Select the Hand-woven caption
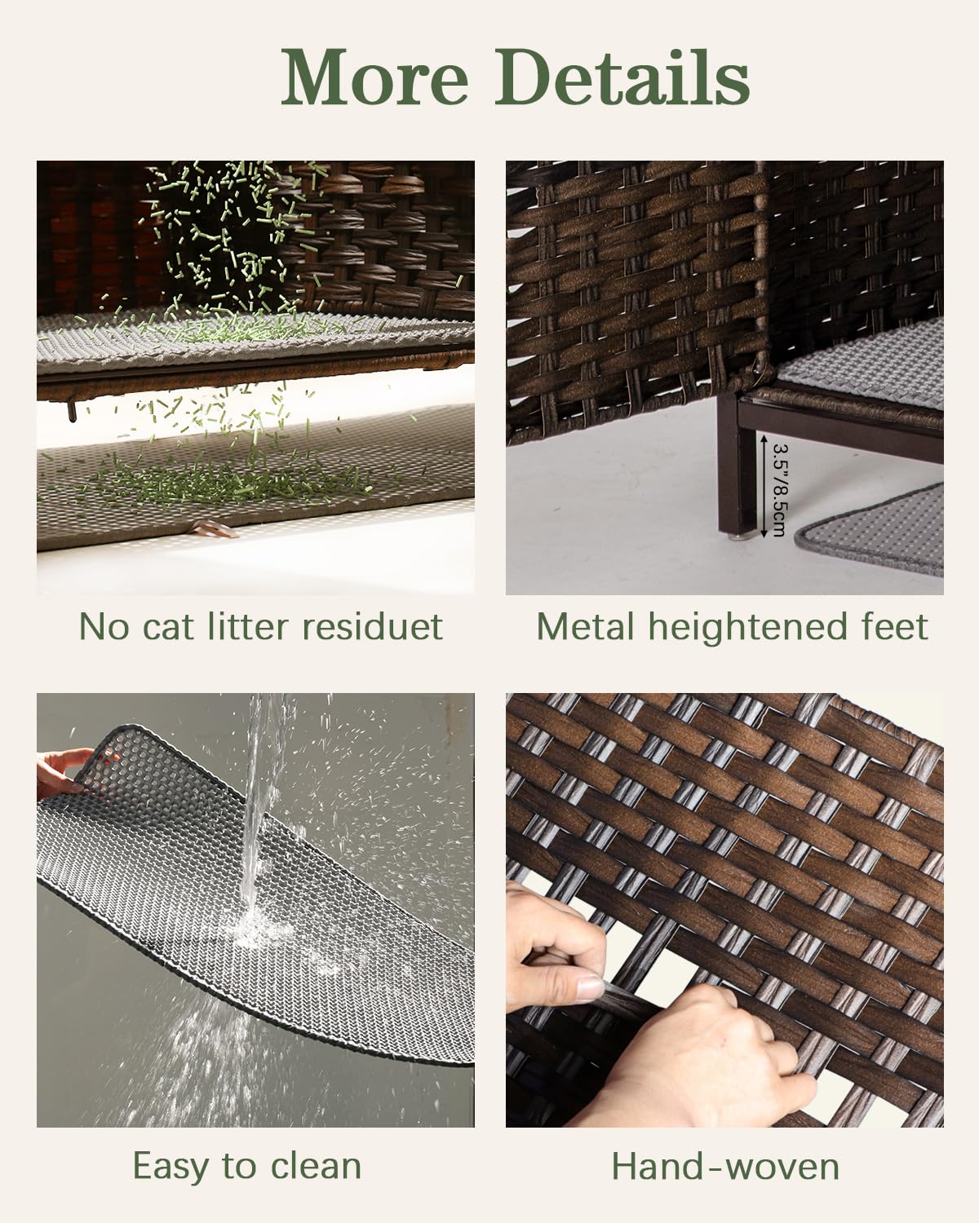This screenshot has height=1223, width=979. [x=725, y=1167]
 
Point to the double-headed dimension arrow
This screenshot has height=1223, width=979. [x=762, y=487]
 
